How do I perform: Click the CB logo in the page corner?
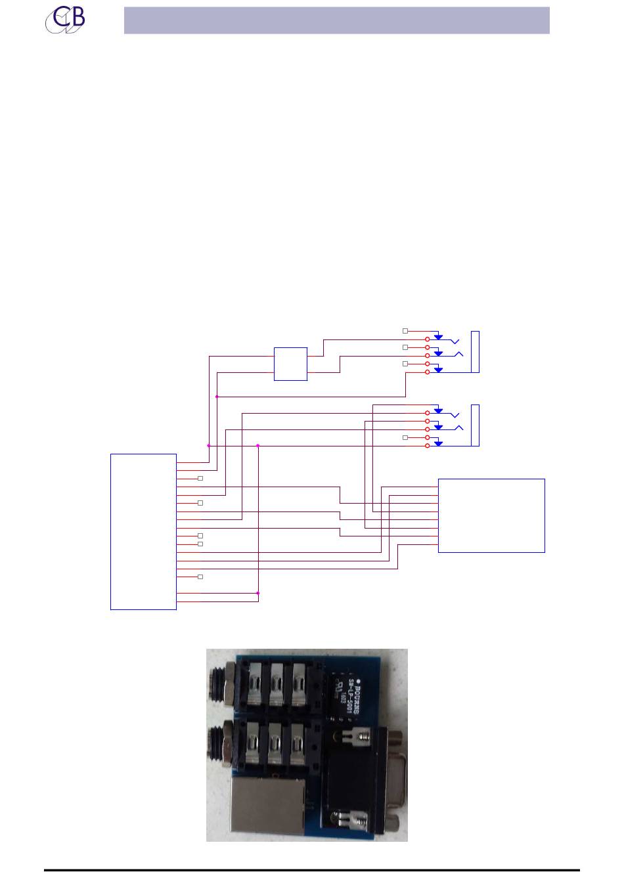65,20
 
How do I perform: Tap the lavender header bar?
336,20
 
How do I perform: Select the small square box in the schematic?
290,364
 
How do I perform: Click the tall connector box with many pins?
143,532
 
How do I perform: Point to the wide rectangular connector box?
491,515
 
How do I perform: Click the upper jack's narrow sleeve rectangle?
476,352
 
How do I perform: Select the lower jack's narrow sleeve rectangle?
476,425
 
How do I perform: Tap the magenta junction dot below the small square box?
217,397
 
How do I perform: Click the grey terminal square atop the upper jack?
405,331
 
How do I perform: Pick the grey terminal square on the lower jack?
405,437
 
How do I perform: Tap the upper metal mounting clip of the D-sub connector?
352,738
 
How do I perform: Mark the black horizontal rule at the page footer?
312,871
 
